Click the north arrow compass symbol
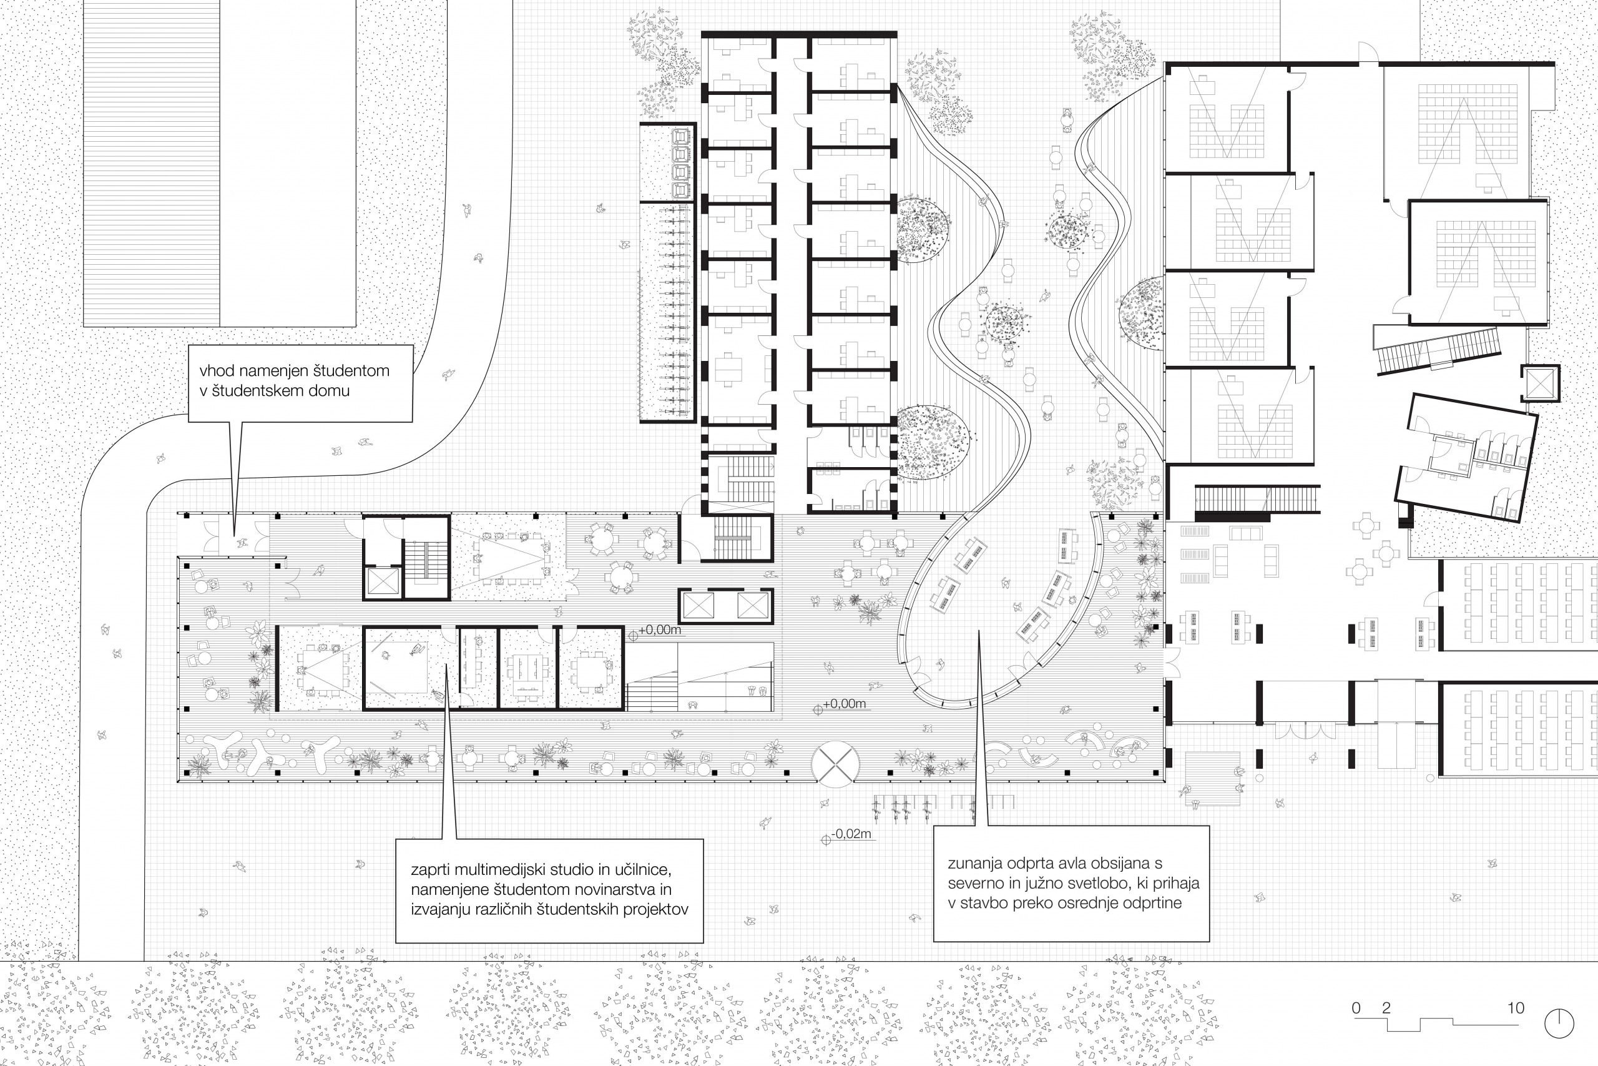pos(1559,1023)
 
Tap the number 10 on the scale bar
pos(1516,1007)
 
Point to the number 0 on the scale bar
pos(1356,1007)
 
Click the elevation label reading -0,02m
pos(851,834)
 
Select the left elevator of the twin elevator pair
pos(699,606)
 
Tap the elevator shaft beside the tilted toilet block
pos(1539,384)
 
